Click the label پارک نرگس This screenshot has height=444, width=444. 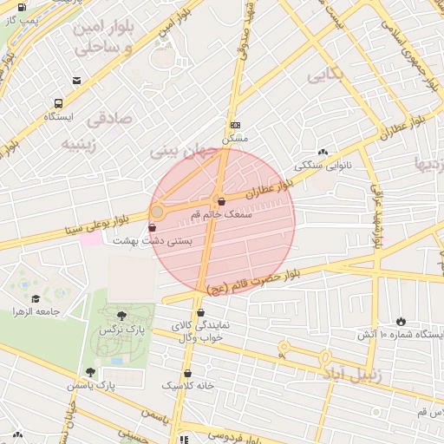(x=120, y=330)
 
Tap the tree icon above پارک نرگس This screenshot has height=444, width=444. (x=120, y=317)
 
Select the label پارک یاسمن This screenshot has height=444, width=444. (x=94, y=383)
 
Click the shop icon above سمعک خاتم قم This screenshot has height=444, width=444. (x=221, y=202)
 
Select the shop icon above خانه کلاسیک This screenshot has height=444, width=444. (x=186, y=373)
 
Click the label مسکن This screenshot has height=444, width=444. (x=235, y=138)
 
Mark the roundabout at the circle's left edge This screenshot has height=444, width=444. (x=158, y=212)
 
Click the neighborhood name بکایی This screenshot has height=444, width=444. (x=325, y=76)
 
